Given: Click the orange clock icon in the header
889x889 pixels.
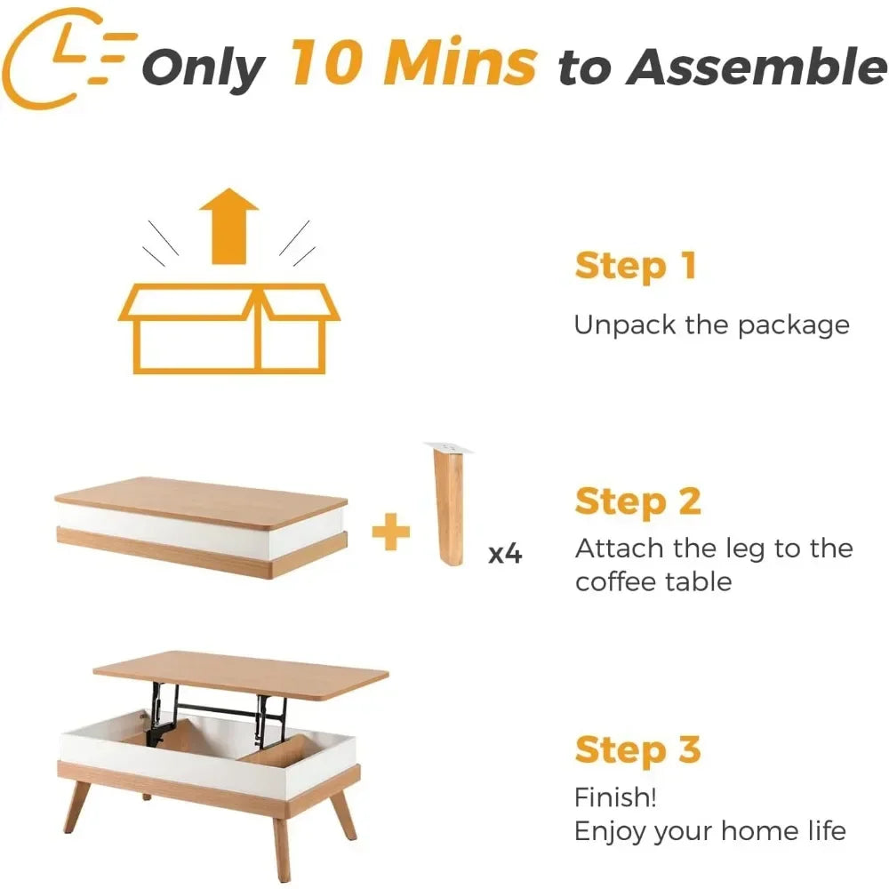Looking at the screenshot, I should click(x=62, y=58).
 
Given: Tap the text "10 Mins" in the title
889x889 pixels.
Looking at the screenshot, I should click(x=413, y=64).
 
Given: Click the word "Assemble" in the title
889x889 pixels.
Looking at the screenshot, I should click(x=756, y=67).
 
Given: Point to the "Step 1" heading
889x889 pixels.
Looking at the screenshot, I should click(x=635, y=266).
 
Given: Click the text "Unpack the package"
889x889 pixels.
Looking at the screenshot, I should click(x=711, y=324).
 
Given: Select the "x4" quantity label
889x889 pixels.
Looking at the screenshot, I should click(x=505, y=554).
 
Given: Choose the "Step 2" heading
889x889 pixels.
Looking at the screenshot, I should click(x=637, y=502).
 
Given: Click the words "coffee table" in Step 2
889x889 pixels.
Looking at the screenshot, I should click(x=653, y=582).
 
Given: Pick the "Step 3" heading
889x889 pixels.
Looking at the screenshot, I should click(x=637, y=749).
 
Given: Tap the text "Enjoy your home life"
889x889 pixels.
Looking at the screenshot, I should click(x=709, y=831).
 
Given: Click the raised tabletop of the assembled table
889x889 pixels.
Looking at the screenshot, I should click(x=240, y=676).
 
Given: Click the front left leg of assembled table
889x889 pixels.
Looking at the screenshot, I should click(x=78, y=805).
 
